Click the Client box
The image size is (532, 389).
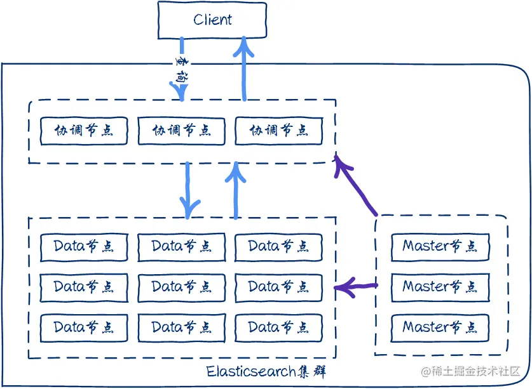pyautogui.click(x=212, y=20)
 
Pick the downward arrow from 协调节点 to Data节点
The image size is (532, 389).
pyautogui.click(x=188, y=189)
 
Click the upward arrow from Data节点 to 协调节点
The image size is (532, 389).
pyautogui.click(x=236, y=190)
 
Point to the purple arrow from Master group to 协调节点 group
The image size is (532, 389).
pyautogui.click(x=356, y=187)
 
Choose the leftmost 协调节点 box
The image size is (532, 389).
pyautogui.click(x=84, y=131)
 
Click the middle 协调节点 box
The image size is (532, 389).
pyautogui.click(x=181, y=131)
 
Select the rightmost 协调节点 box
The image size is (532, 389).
pyautogui.click(x=278, y=131)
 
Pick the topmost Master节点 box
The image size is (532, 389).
pyautogui.click(x=440, y=246)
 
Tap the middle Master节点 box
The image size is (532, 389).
pyautogui.click(x=440, y=287)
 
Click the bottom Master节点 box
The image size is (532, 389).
pyautogui.click(x=440, y=327)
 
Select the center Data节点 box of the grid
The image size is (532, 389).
pyautogui.click(x=181, y=287)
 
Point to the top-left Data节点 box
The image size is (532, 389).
pyautogui.click(x=84, y=246)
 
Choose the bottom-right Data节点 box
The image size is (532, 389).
pyautogui.click(x=278, y=327)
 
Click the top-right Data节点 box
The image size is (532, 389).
pyautogui.click(x=278, y=246)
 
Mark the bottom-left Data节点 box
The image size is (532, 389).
pyautogui.click(x=84, y=327)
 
